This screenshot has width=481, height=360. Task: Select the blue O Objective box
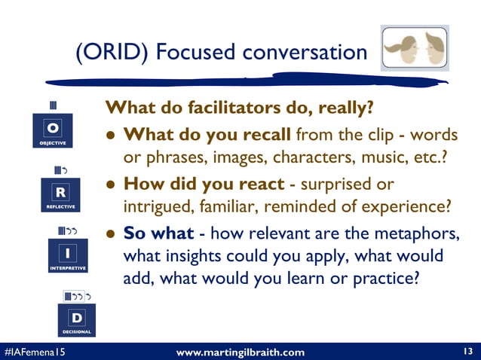tap(53, 130)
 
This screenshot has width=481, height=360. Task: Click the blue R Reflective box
tap(59, 194)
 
